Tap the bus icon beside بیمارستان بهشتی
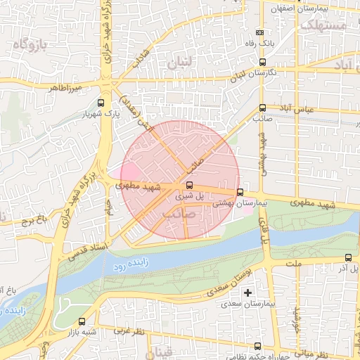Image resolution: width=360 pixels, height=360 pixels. pyautogui.click(x=240, y=192)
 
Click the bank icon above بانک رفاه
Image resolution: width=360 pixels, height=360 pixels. pyautogui.click(x=261, y=32)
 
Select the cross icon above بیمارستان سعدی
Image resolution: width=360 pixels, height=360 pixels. pyautogui.click(x=247, y=292)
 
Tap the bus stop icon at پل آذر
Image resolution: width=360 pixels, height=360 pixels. pyautogui.click(x=349, y=257)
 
